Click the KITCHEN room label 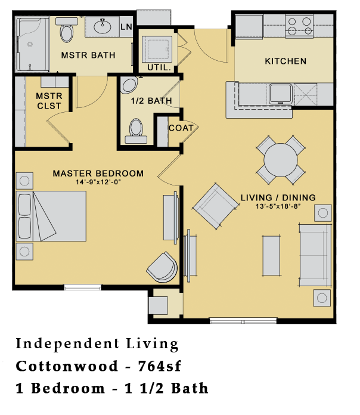pyautogui.click(x=285, y=61)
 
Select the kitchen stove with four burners pyautogui.click(x=299, y=26)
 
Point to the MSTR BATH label pyautogui.click(x=88, y=55)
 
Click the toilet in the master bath pyautogui.click(x=65, y=28)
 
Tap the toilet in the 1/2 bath pyautogui.click(x=136, y=129)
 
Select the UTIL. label pyautogui.click(x=159, y=68)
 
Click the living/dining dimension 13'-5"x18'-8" pyautogui.click(x=278, y=206)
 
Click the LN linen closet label pyautogui.click(x=126, y=27)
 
